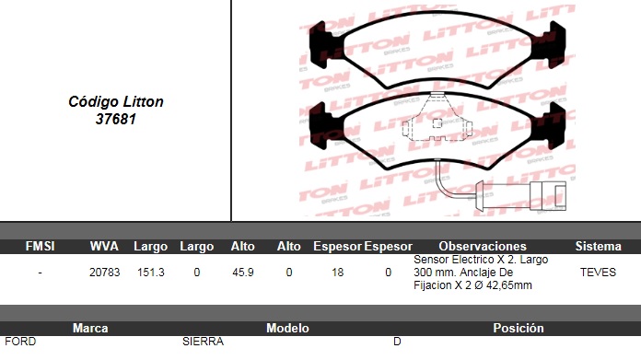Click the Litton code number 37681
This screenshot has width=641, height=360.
tap(116, 119)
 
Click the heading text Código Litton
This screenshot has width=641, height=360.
tap(116, 102)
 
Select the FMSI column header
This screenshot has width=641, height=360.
tap(41, 246)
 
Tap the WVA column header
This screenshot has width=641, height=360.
tap(104, 246)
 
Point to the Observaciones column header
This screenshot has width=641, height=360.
tap(483, 246)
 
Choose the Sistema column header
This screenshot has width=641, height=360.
tap(598, 246)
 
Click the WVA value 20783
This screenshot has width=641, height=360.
tap(105, 273)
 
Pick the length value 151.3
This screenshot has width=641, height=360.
tap(151, 273)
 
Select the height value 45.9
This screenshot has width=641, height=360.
tap(243, 273)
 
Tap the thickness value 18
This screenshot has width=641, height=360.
tap(338, 273)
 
